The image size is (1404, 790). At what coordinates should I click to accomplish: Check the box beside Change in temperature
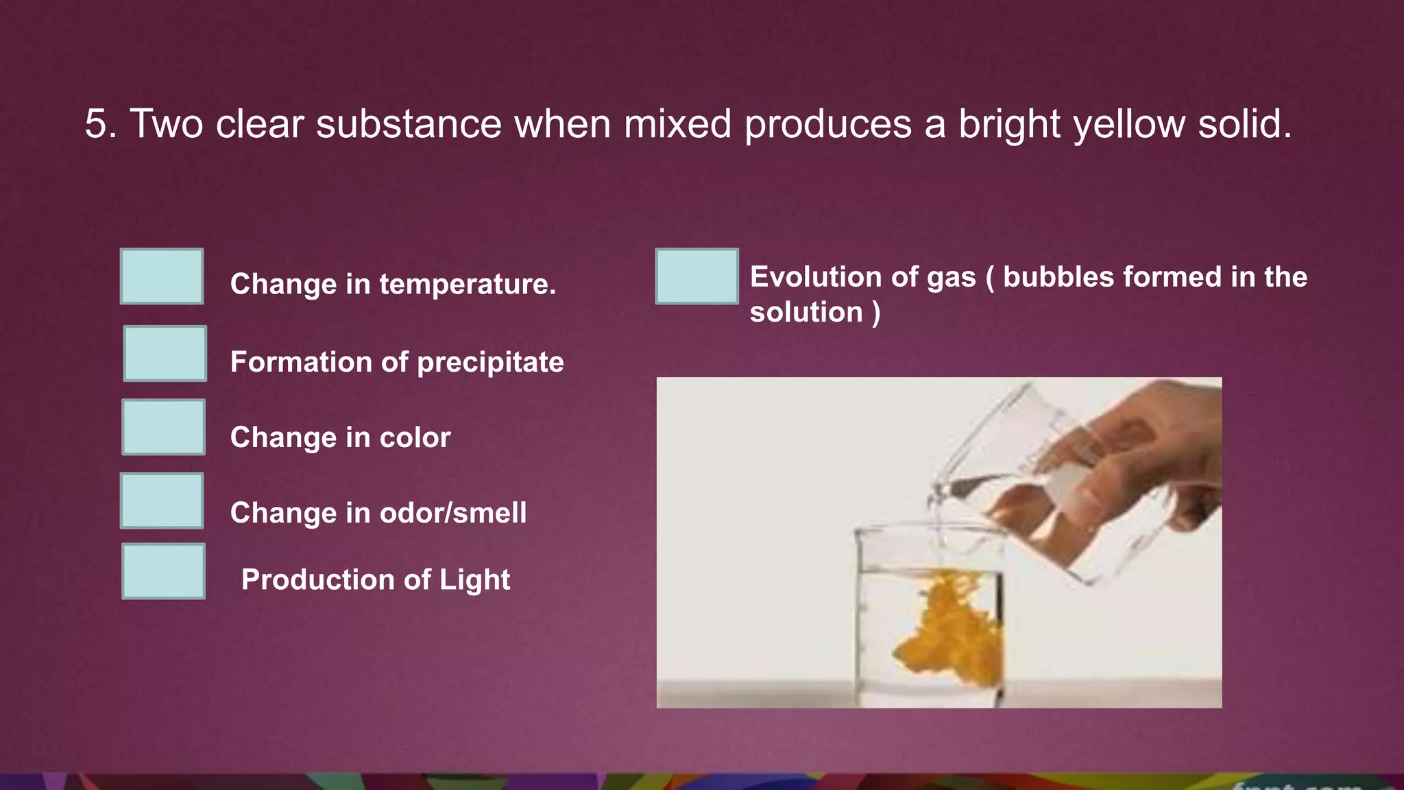click(x=162, y=276)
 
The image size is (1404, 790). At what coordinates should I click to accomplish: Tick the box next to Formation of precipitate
click(x=165, y=353)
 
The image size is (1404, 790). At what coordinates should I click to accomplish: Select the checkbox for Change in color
click(x=163, y=427)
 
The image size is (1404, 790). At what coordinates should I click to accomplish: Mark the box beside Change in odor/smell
click(x=162, y=501)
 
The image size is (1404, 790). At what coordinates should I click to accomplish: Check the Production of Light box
click(x=163, y=571)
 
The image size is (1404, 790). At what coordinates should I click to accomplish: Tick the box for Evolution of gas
click(x=697, y=276)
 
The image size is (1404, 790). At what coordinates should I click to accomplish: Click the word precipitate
click(x=490, y=362)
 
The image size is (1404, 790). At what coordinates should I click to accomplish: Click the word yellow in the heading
click(x=1129, y=124)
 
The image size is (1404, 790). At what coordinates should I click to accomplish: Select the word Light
click(x=474, y=580)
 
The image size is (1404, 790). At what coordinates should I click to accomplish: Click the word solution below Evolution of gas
click(x=806, y=313)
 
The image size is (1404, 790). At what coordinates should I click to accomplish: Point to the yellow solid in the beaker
click(x=946, y=631)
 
